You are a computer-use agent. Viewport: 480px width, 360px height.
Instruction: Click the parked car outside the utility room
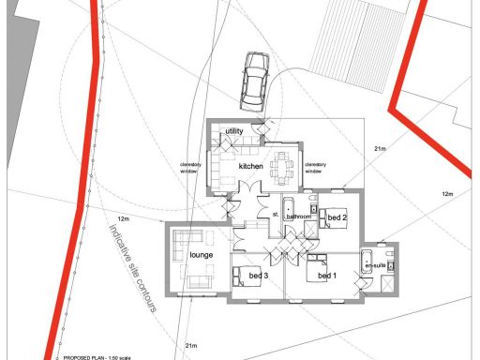254,80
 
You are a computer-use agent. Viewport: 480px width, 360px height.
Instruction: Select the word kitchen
250,166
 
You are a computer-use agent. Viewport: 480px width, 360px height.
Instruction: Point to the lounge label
202,255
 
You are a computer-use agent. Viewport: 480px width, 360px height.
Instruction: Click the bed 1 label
325,277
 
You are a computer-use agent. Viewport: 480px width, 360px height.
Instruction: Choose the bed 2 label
337,218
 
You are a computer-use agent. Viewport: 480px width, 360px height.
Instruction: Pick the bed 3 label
259,277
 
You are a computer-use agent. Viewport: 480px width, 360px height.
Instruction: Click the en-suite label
375,265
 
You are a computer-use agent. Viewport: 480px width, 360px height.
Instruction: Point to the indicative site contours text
132,267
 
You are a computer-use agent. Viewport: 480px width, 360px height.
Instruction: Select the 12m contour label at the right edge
447,194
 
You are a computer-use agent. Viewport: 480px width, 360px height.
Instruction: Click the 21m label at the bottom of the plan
191,346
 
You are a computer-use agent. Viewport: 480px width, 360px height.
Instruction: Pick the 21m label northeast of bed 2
381,149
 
